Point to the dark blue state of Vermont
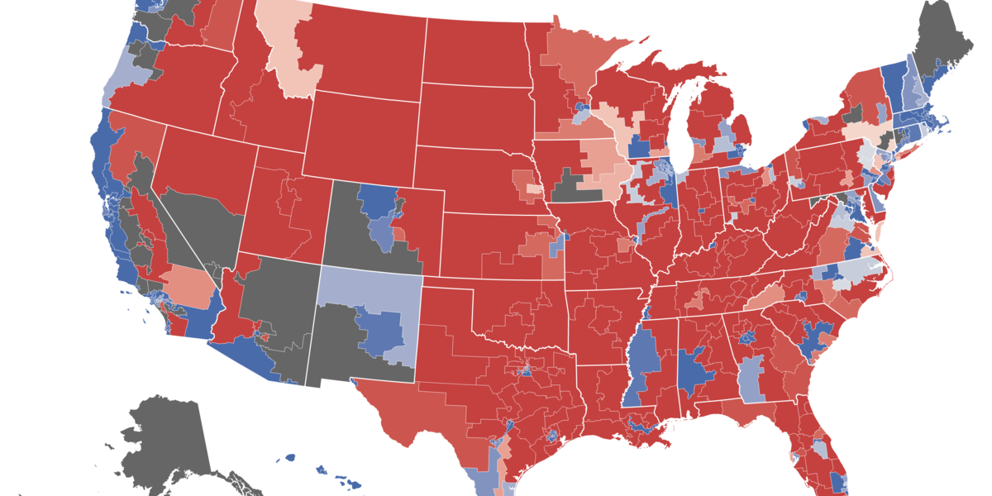pos(893,83)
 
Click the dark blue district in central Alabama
pos(694,372)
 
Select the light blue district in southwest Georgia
pos(751,380)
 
